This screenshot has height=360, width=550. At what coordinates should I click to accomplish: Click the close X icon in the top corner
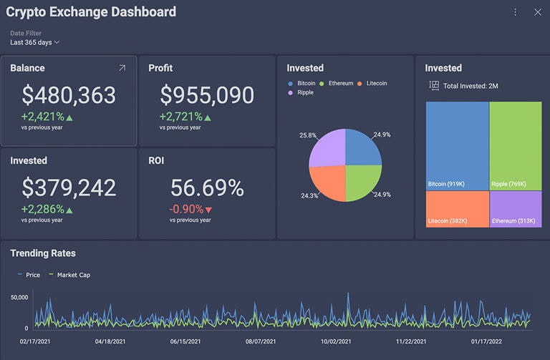538,12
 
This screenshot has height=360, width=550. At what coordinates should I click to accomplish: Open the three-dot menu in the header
516,12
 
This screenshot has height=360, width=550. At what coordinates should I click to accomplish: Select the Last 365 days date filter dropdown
34,42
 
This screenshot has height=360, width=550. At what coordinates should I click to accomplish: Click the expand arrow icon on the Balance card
122,68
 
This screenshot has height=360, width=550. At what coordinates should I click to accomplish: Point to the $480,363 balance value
68,95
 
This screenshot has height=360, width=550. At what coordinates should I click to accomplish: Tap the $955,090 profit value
206,95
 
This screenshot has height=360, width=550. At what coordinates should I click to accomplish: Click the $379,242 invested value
68,188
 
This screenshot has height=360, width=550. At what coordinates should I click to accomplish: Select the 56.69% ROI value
206,188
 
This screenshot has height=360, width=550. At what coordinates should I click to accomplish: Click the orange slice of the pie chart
327,183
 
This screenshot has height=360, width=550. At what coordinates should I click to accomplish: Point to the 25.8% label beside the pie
308,135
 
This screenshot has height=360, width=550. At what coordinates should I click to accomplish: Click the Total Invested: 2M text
470,86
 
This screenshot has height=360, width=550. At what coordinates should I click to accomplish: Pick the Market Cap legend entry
69,275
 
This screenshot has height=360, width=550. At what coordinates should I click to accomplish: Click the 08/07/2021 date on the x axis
261,342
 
